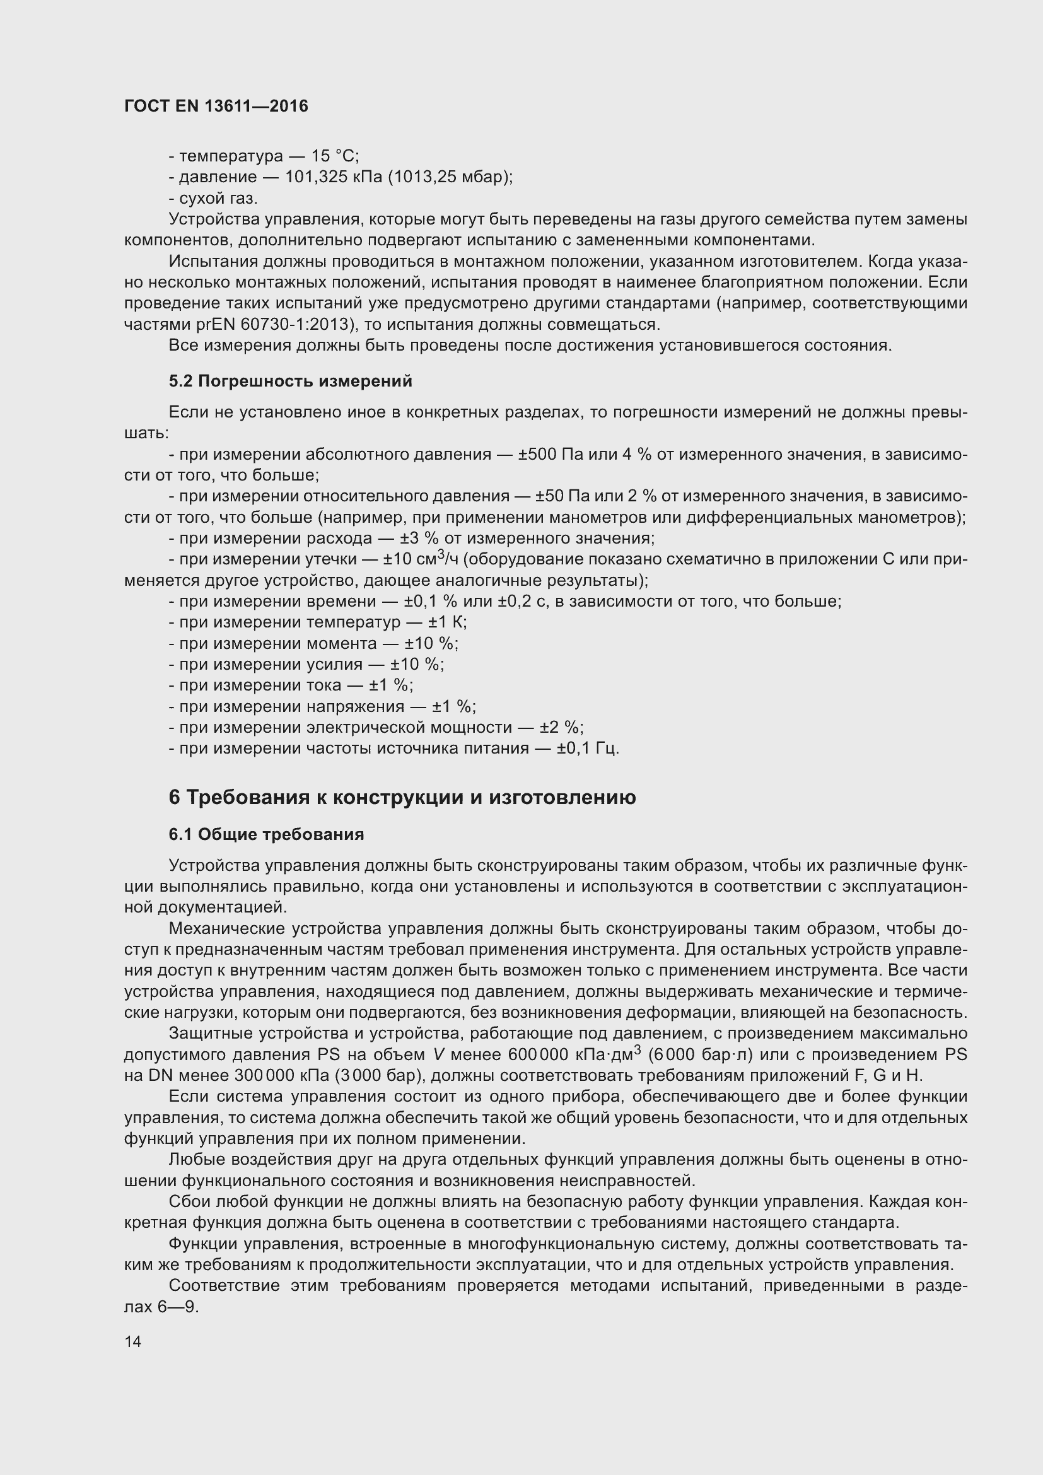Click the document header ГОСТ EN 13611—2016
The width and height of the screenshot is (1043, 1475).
(216, 107)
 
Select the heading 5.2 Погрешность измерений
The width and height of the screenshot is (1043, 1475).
(290, 382)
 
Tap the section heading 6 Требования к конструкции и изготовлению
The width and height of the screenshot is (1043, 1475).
(402, 797)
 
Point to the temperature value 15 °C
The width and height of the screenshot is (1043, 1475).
(335, 156)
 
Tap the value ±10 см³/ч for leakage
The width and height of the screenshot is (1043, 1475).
(421, 559)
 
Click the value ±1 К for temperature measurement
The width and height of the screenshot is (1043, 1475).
(447, 622)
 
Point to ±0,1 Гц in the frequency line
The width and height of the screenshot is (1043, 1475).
(587, 749)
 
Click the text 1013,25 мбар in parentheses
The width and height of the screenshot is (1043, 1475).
(449, 177)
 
